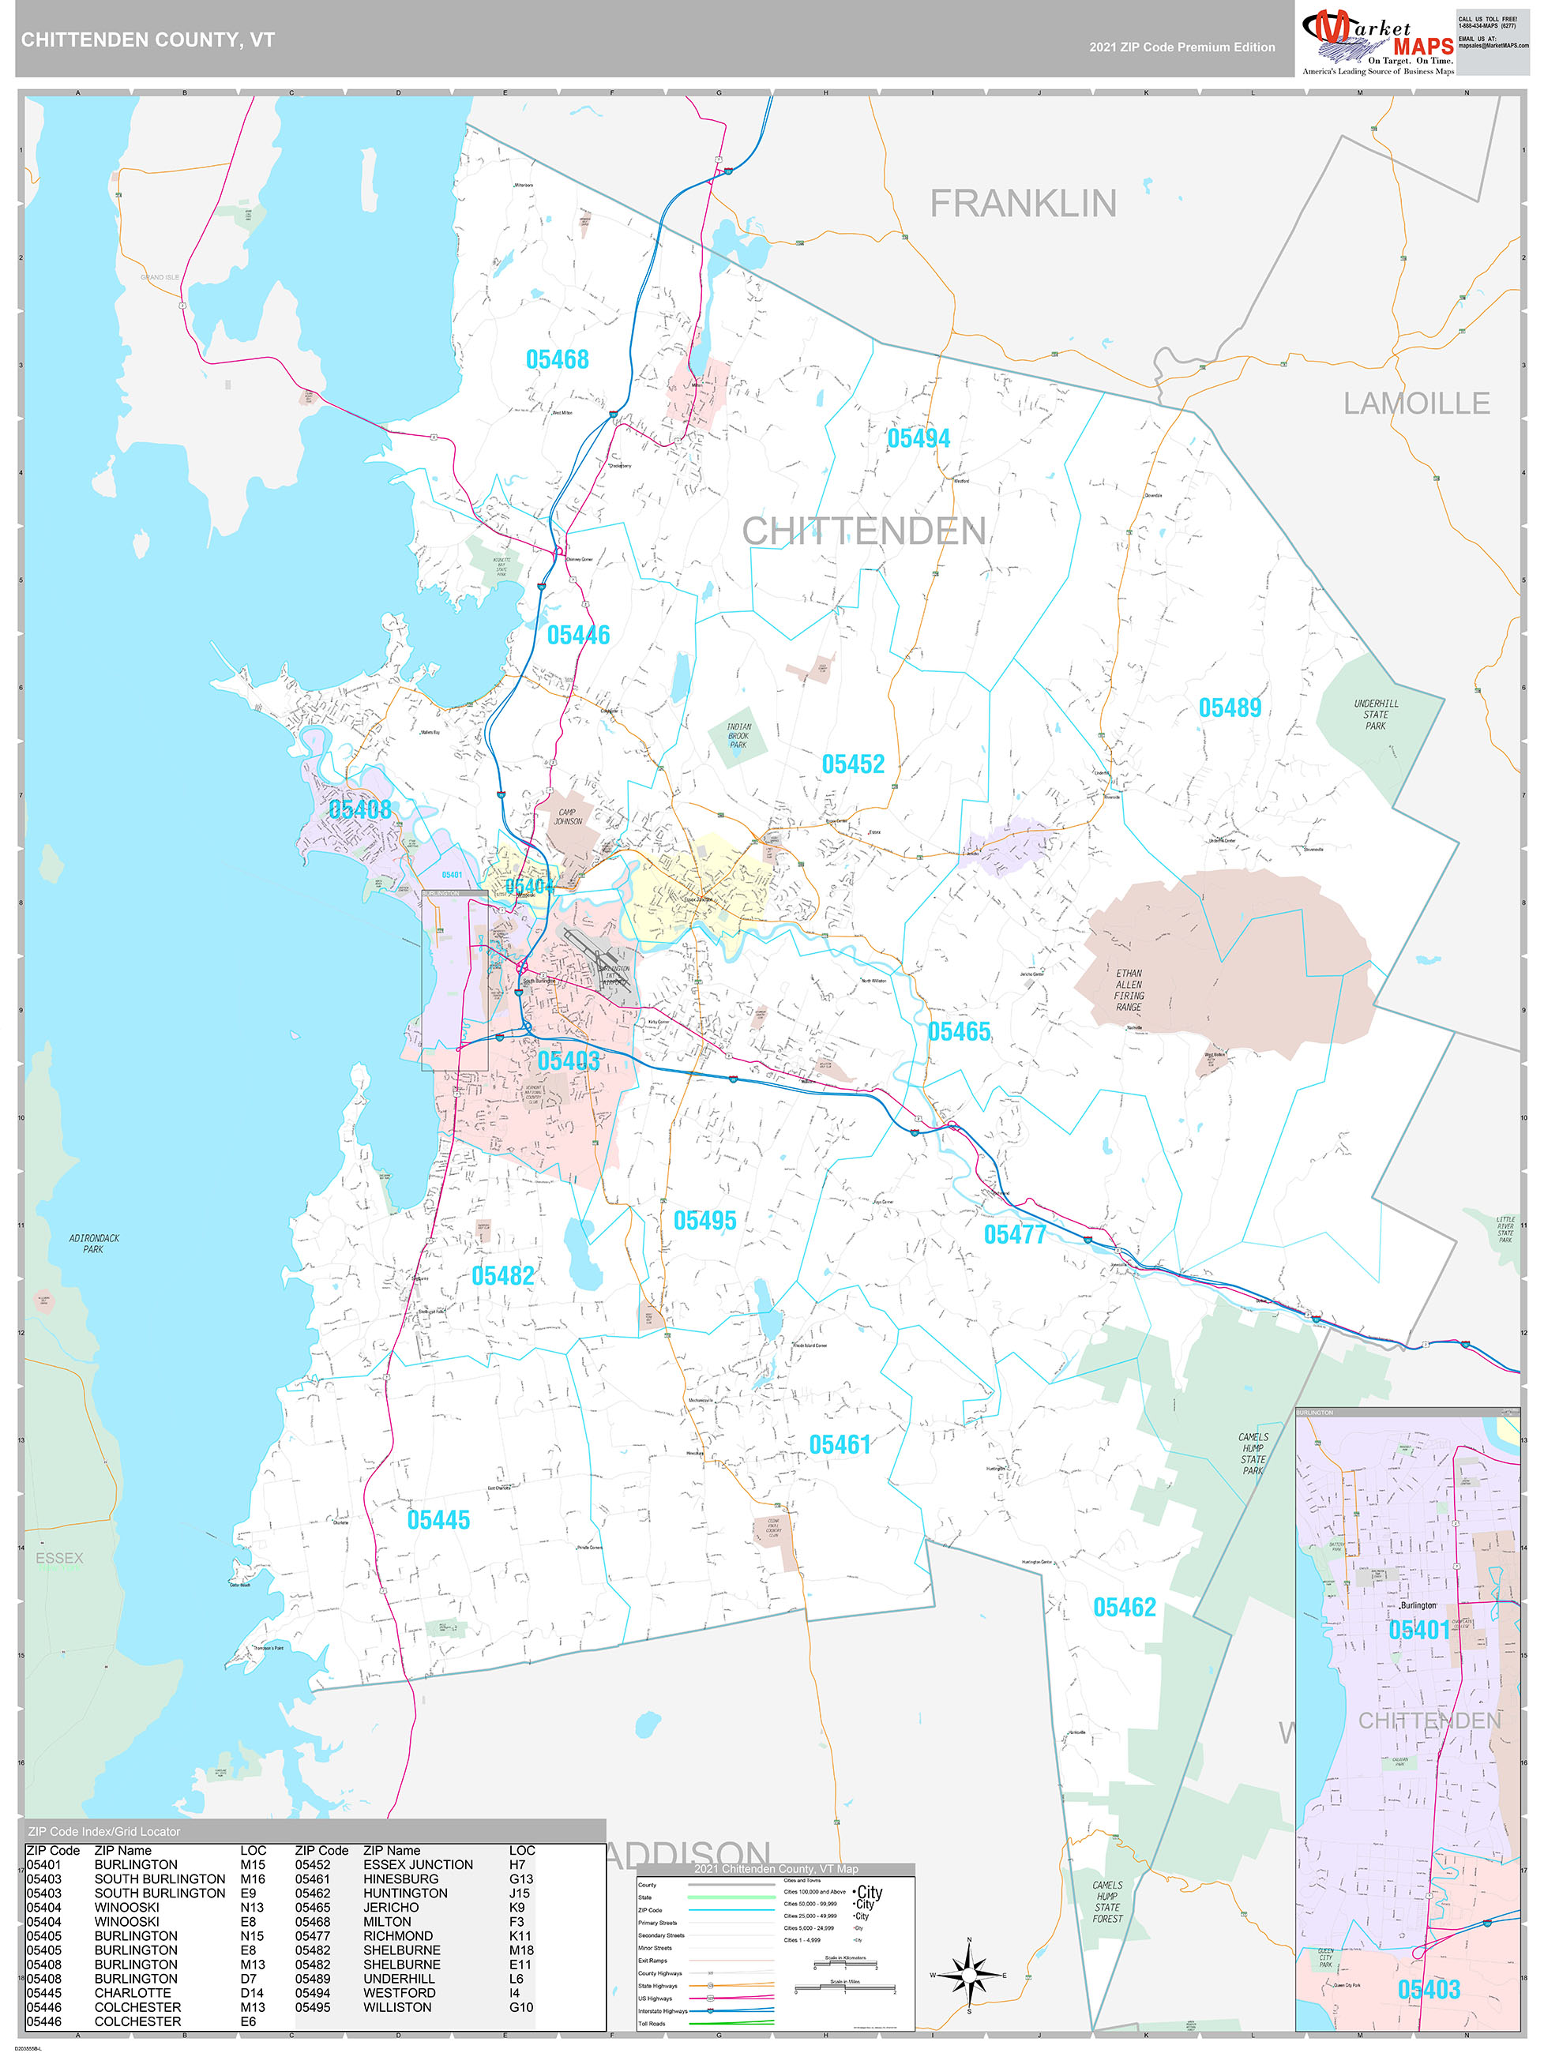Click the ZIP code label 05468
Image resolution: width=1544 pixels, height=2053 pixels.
click(x=557, y=359)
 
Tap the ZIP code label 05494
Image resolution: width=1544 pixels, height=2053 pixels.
click(x=919, y=438)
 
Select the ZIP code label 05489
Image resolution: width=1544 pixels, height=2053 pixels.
click(x=1229, y=708)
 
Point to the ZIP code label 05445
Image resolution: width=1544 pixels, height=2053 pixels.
click(x=438, y=1520)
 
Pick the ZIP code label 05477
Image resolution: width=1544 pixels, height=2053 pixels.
click(x=1015, y=1234)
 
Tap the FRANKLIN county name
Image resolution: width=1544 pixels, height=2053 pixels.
click(x=1023, y=203)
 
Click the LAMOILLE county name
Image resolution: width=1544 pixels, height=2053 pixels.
click(x=1416, y=403)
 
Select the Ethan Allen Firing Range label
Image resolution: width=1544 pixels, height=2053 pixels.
click(x=1129, y=990)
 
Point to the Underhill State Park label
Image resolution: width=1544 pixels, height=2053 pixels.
click(x=1375, y=715)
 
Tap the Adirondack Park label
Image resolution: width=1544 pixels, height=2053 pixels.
click(x=94, y=1244)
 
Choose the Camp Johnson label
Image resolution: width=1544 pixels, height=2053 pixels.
click(x=567, y=816)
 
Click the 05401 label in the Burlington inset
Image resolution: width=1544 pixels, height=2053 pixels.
click(x=1418, y=1631)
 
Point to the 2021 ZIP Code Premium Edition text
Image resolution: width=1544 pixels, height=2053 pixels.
click(x=1182, y=47)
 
